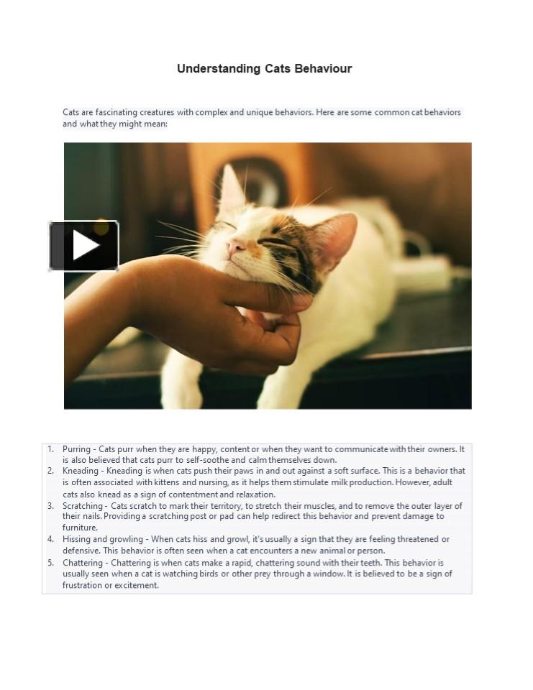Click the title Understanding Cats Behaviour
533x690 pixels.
tap(264, 69)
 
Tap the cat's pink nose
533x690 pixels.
tap(234, 248)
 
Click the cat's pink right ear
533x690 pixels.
tap(337, 235)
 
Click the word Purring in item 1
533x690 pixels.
tap(76, 449)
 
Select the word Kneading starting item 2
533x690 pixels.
tap(81, 471)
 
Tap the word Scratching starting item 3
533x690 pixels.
tap(83, 506)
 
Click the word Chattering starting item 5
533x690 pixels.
tap(83, 563)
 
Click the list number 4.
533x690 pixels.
tap(51, 539)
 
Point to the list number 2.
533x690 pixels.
tap(51, 471)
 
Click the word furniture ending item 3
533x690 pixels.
tap(79, 528)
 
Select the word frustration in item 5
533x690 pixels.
tap(82, 585)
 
